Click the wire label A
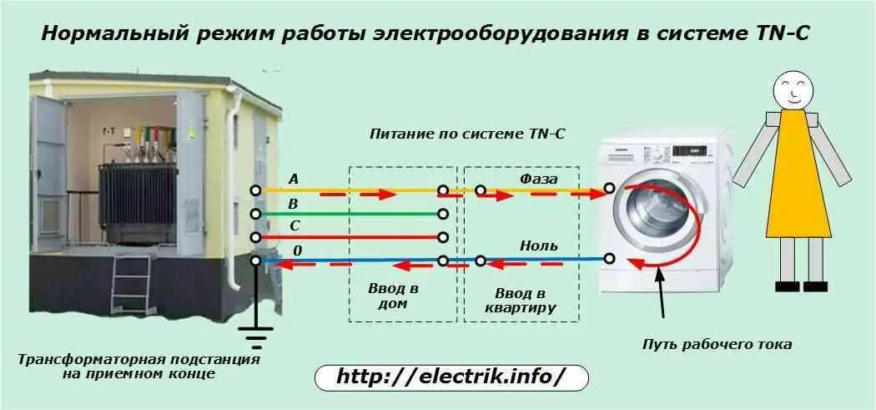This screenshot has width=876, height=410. (293, 179)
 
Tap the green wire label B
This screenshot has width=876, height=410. (293, 203)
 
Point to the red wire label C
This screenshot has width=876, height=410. (294, 226)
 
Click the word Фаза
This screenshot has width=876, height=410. (539, 178)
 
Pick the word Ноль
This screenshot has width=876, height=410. (539, 245)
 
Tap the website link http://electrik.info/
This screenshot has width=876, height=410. (451, 377)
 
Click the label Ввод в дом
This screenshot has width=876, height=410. (393, 296)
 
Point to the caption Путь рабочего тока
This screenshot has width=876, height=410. (717, 344)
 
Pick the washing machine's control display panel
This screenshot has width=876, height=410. (691, 151)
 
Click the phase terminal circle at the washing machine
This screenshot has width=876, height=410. (610, 189)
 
